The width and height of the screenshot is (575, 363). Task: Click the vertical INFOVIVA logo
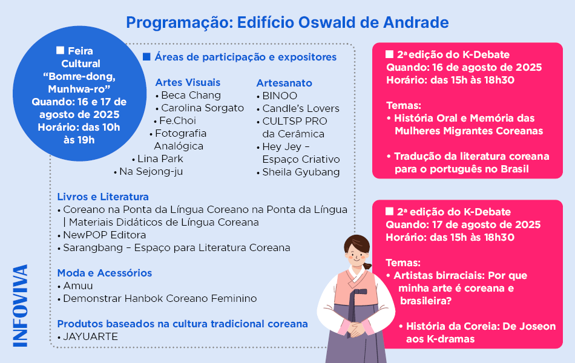[x=21, y=306]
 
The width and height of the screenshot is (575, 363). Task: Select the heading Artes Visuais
[x=188, y=82]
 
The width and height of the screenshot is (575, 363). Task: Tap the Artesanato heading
[x=284, y=83]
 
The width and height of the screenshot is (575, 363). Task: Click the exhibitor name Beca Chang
[x=191, y=96]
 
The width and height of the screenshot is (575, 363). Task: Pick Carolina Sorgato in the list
[x=202, y=108]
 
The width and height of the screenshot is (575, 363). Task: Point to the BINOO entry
[x=280, y=96]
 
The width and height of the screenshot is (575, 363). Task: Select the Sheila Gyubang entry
[x=301, y=172]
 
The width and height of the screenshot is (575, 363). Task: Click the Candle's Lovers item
[x=301, y=108]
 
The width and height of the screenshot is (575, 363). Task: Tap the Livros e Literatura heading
[x=103, y=197]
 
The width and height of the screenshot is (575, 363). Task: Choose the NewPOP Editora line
[x=105, y=235]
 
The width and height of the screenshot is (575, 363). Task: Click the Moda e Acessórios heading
[x=105, y=273]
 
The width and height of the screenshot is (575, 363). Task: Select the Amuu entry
[x=77, y=286]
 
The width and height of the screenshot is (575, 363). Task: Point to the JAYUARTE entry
[x=91, y=336]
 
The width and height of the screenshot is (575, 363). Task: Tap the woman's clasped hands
[x=356, y=329]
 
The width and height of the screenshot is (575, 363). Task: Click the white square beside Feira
[x=60, y=50]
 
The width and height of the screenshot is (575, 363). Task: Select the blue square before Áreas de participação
[x=146, y=57]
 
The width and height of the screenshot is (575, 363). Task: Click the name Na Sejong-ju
[x=151, y=172]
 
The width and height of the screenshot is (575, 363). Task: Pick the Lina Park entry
[x=160, y=159]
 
